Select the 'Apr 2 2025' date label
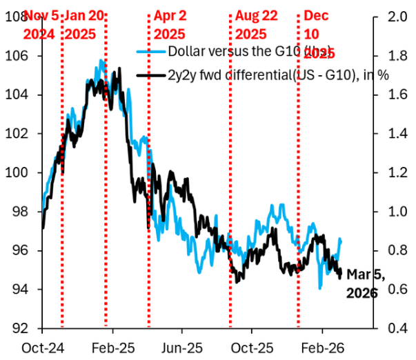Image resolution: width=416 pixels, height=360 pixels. pyautogui.click(x=170, y=23)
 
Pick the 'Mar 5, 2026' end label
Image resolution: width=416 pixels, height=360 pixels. pyautogui.click(x=362, y=283)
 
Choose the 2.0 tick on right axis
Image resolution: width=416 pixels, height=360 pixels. pyautogui.click(x=390, y=17)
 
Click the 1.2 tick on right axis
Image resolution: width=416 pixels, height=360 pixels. pyautogui.click(x=390, y=173)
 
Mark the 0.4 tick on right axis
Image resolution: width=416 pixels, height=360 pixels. pyautogui.click(x=390, y=328)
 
